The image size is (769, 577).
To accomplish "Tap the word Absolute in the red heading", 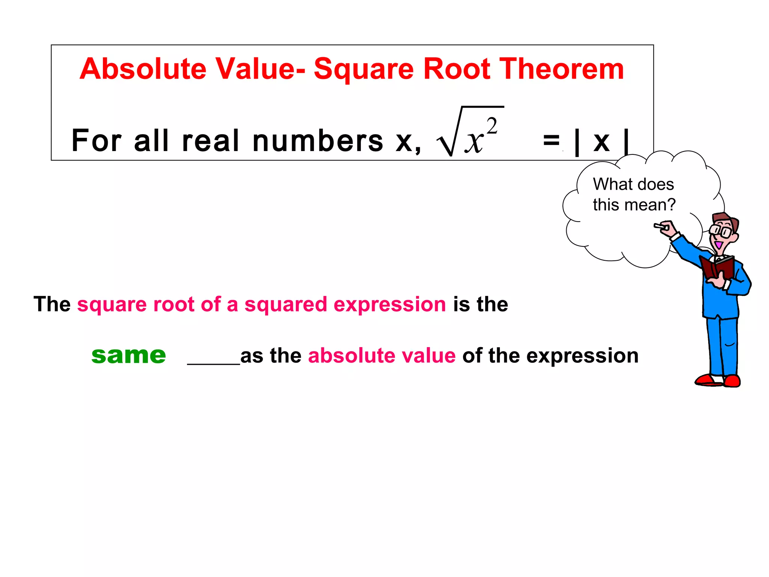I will [x=143, y=69].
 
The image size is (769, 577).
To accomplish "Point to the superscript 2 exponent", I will [x=492, y=125].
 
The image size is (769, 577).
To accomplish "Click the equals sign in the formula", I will [x=551, y=141].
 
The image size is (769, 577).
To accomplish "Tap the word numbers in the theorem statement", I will [x=318, y=141].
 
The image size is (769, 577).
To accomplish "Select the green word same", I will [x=128, y=355].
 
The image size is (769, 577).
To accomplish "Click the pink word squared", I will [x=285, y=304].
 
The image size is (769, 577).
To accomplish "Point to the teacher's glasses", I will [x=721, y=230].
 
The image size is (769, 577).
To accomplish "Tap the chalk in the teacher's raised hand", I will [x=660, y=227].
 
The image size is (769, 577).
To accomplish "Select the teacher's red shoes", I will [x=717, y=380].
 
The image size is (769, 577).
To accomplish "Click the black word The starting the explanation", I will [x=52, y=304].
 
